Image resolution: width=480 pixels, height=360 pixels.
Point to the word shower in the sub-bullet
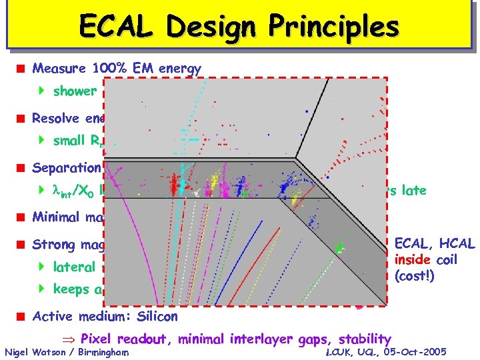pos(75,91)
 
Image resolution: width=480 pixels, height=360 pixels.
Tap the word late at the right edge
pos(413,190)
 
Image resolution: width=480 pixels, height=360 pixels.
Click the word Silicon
pos(155,315)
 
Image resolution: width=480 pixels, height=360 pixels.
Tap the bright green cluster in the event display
pos(341,248)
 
